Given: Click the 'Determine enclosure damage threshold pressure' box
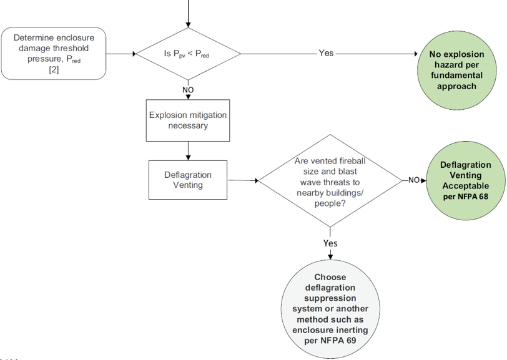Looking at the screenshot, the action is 54,54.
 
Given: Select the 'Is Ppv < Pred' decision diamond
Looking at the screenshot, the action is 188,54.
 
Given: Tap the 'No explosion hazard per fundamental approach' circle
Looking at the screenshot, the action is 456,70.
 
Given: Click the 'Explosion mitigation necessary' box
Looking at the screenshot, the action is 188,120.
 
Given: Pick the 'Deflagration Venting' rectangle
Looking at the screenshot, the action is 188,180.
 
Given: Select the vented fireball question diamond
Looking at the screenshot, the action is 330,181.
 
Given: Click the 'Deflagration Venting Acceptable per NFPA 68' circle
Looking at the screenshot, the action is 466,181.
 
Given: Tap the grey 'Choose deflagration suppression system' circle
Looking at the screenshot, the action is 330,309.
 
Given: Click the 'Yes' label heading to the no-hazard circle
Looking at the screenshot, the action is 326,53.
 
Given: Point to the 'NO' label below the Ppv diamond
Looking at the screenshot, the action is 188,90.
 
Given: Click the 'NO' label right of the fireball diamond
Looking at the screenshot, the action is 414,180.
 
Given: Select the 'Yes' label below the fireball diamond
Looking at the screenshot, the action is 330,243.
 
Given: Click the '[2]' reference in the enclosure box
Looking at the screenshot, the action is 54,69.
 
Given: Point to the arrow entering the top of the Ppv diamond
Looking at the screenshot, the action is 188,14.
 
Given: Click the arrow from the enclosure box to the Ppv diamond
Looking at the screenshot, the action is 121,54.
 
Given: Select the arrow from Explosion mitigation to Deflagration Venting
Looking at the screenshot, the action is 188,151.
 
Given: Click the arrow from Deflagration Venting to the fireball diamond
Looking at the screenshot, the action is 243,180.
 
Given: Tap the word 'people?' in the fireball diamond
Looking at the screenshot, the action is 330,203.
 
